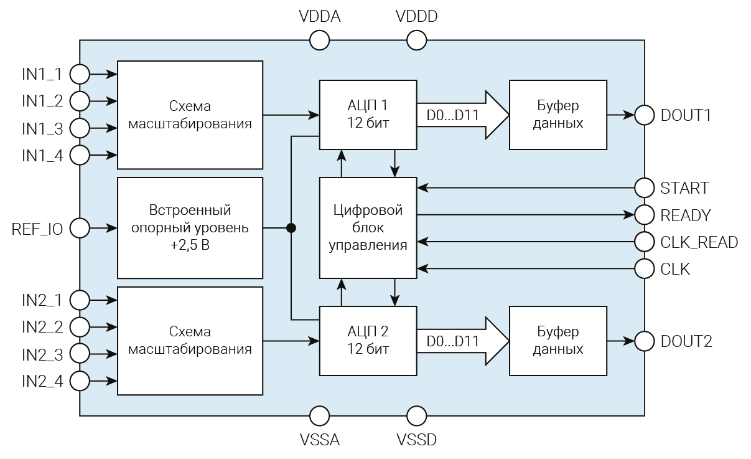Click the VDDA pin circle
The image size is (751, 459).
[319, 41]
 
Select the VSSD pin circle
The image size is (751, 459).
[416, 415]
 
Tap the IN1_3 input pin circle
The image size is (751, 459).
[80, 128]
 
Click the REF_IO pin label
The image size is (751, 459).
[37, 229]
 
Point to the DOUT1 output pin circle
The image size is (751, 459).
[645, 115]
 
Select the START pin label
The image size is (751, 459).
[684, 187]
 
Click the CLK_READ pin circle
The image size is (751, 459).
[645, 242]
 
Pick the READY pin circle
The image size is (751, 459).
[645, 215]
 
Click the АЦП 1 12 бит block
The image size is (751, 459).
[368, 115]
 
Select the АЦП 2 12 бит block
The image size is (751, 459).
[368, 341]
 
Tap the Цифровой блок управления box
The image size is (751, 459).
[368, 228]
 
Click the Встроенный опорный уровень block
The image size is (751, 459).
[190, 228]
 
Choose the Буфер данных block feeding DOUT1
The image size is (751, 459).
[557, 115]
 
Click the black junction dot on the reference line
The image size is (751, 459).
[291, 228]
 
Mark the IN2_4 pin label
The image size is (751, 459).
[42, 381]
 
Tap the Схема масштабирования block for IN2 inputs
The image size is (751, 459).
[190, 341]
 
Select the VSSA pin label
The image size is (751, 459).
[319, 440]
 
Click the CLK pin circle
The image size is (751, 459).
[645, 269]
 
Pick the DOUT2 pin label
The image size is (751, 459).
[686, 341]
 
